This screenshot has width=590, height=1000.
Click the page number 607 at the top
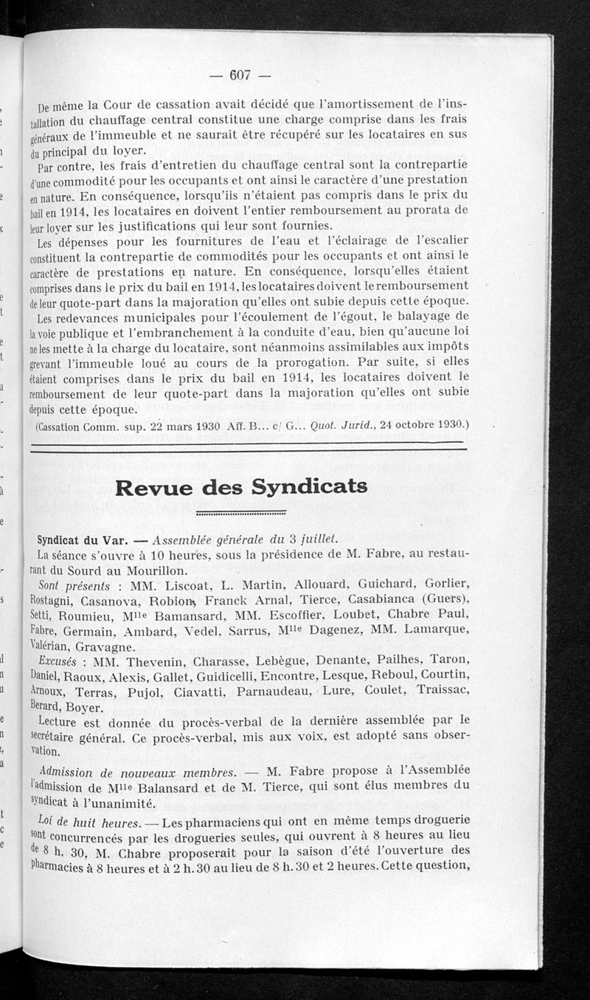(241, 74)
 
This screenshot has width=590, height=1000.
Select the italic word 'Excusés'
(59, 661)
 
